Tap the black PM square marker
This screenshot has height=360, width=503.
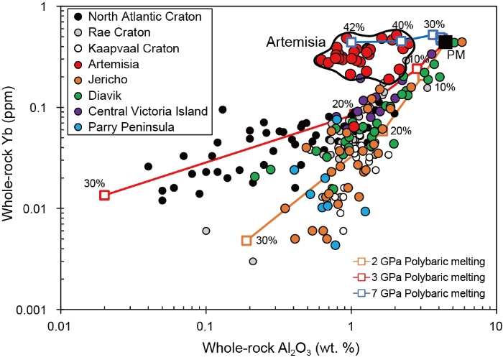coord(446,42)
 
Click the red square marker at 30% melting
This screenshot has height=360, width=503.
coord(104,195)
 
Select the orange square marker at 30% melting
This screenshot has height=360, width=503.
coord(246,241)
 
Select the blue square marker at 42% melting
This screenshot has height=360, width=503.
coord(351,42)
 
